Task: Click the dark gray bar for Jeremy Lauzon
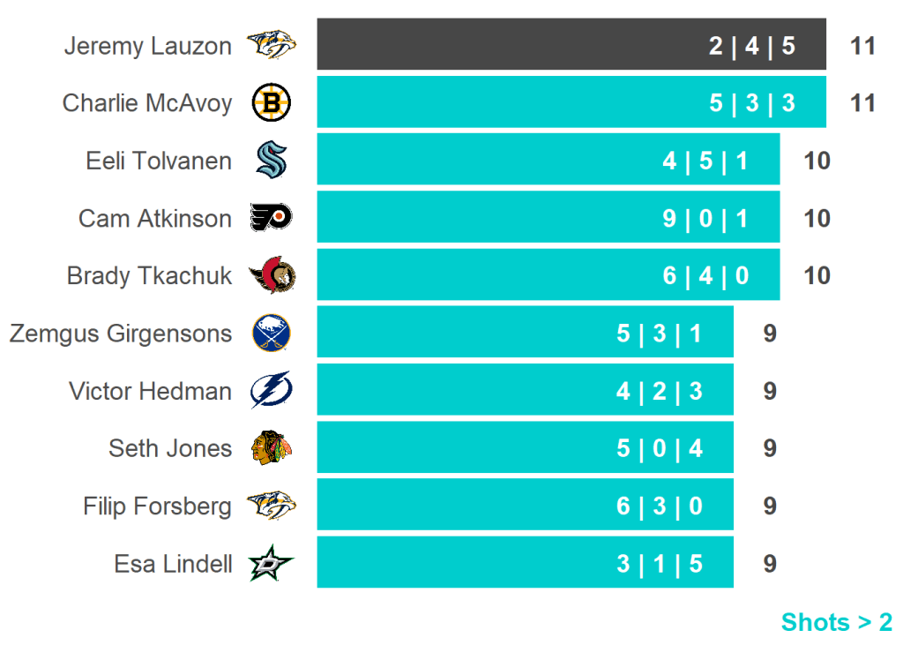529,44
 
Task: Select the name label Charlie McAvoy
147,103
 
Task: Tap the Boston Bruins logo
272,103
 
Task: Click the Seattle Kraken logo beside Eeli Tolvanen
272,161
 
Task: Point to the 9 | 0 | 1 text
705,218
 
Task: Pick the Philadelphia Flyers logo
271,217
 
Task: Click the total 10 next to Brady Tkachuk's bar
817,275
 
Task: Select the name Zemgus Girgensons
121,334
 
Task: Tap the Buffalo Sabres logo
271,334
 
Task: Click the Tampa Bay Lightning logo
271,391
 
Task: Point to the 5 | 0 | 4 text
660,448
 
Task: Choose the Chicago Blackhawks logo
271,448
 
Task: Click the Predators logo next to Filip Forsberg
271,506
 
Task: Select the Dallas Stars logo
271,563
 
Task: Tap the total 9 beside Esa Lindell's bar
770,563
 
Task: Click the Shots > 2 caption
836,622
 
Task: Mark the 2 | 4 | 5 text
752,45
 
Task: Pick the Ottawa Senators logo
272,275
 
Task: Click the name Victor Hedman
151,391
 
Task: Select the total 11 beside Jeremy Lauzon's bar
862,45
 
